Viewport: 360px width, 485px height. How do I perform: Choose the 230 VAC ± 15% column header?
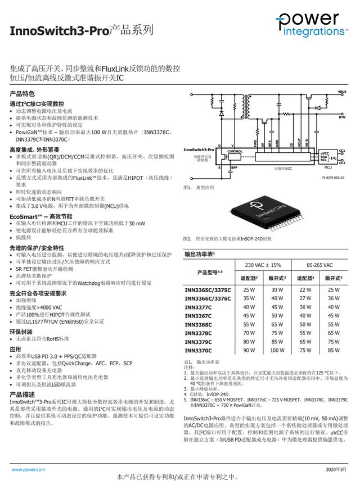263,265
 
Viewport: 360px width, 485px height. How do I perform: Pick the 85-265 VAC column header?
320,265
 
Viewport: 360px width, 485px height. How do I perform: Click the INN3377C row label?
198,307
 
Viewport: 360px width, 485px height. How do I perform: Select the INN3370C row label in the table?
198,350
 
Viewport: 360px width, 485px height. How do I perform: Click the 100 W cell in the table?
277,350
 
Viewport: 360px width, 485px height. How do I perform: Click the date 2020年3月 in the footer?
337,469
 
